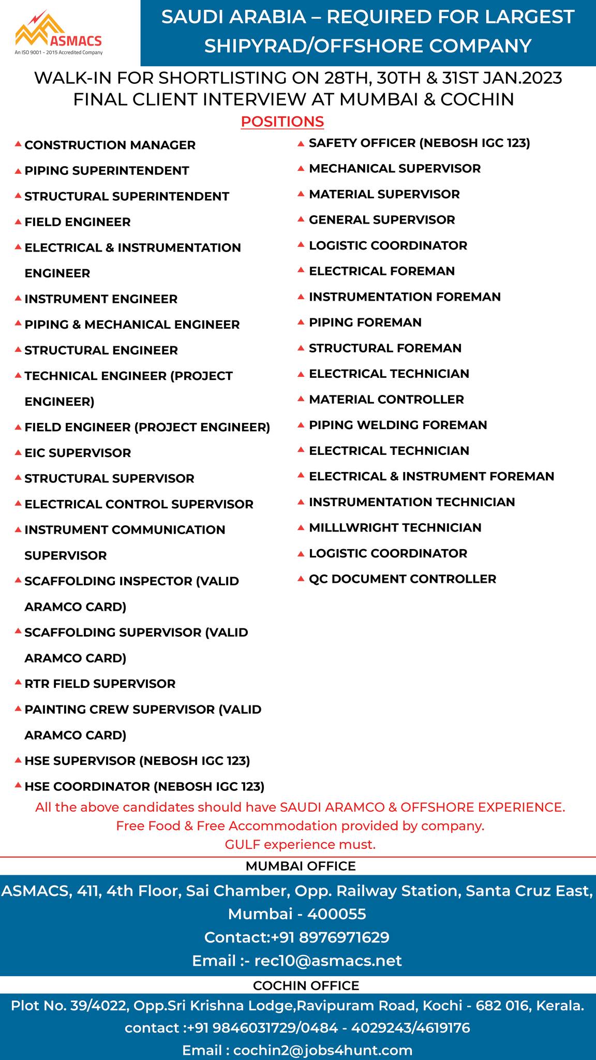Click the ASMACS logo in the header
point(58,34)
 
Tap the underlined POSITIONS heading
point(282,122)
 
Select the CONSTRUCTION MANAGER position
point(110,145)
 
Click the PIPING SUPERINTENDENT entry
point(107,171)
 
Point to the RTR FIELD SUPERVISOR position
point(100,684)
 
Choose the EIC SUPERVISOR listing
point(78,453)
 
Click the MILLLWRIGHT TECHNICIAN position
point(395,528)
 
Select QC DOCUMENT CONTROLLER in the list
point(402,579)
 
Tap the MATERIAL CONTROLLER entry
point(386,400)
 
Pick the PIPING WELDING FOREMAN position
point(398,425)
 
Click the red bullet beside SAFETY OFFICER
point(301,144)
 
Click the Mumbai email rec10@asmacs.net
point(327,961)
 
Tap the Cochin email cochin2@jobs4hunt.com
point(323,1051)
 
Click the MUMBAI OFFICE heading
point(301,866)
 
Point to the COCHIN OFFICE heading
point(306,985)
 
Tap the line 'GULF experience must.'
point(300,845)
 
